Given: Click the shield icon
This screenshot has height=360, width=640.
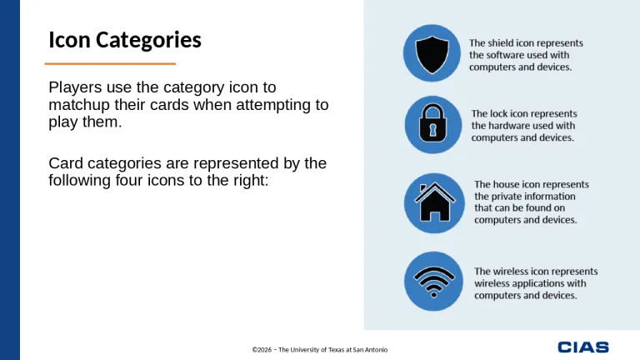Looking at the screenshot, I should tap(432, 53).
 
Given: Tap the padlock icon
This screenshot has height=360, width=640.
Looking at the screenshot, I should tap(432, 124).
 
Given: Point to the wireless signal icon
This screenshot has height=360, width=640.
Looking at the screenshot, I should tap(432, 282).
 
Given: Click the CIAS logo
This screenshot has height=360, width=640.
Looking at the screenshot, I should tap(583, 347).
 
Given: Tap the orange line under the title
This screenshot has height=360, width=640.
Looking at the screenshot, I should tap(110, 63).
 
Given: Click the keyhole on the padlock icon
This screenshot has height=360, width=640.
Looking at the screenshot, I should tap(432, 130).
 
